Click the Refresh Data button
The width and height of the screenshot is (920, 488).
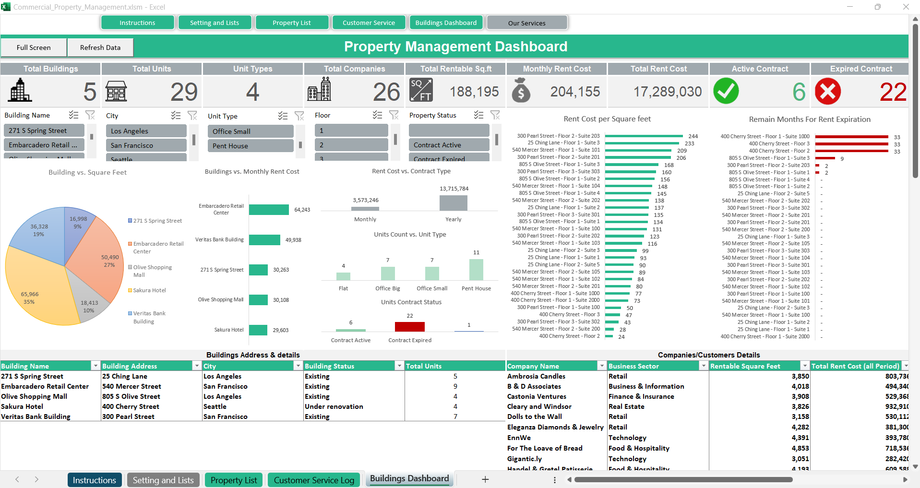click(x=100, y=48)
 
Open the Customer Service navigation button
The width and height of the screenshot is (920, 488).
click(x=369, y=23)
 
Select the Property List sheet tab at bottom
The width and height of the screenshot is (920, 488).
click(x=234, y=480)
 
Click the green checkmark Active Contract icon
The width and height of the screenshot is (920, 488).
click(x=726, y=91)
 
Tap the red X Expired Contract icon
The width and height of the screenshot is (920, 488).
click(x=828, y=91)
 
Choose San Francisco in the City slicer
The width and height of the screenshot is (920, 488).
click(x=146, y=145)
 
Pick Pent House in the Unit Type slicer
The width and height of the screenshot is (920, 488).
click(x=250, y=146)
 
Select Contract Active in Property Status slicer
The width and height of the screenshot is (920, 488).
click(x=449, y=145)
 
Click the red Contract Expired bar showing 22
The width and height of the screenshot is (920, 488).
click(x=409, y=327)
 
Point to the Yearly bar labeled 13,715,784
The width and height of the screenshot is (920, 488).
click(x=453, y=203)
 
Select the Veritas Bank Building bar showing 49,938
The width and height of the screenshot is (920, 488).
click(x=264, y=240)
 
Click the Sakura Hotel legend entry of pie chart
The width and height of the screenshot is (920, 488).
click(x=149, y=290)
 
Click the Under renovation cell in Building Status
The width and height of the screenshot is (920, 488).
click(x=334, y=406)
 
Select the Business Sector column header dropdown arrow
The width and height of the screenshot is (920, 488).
click(x=704, y=366)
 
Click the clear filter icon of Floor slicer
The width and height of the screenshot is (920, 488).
click(x=394, y=115)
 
